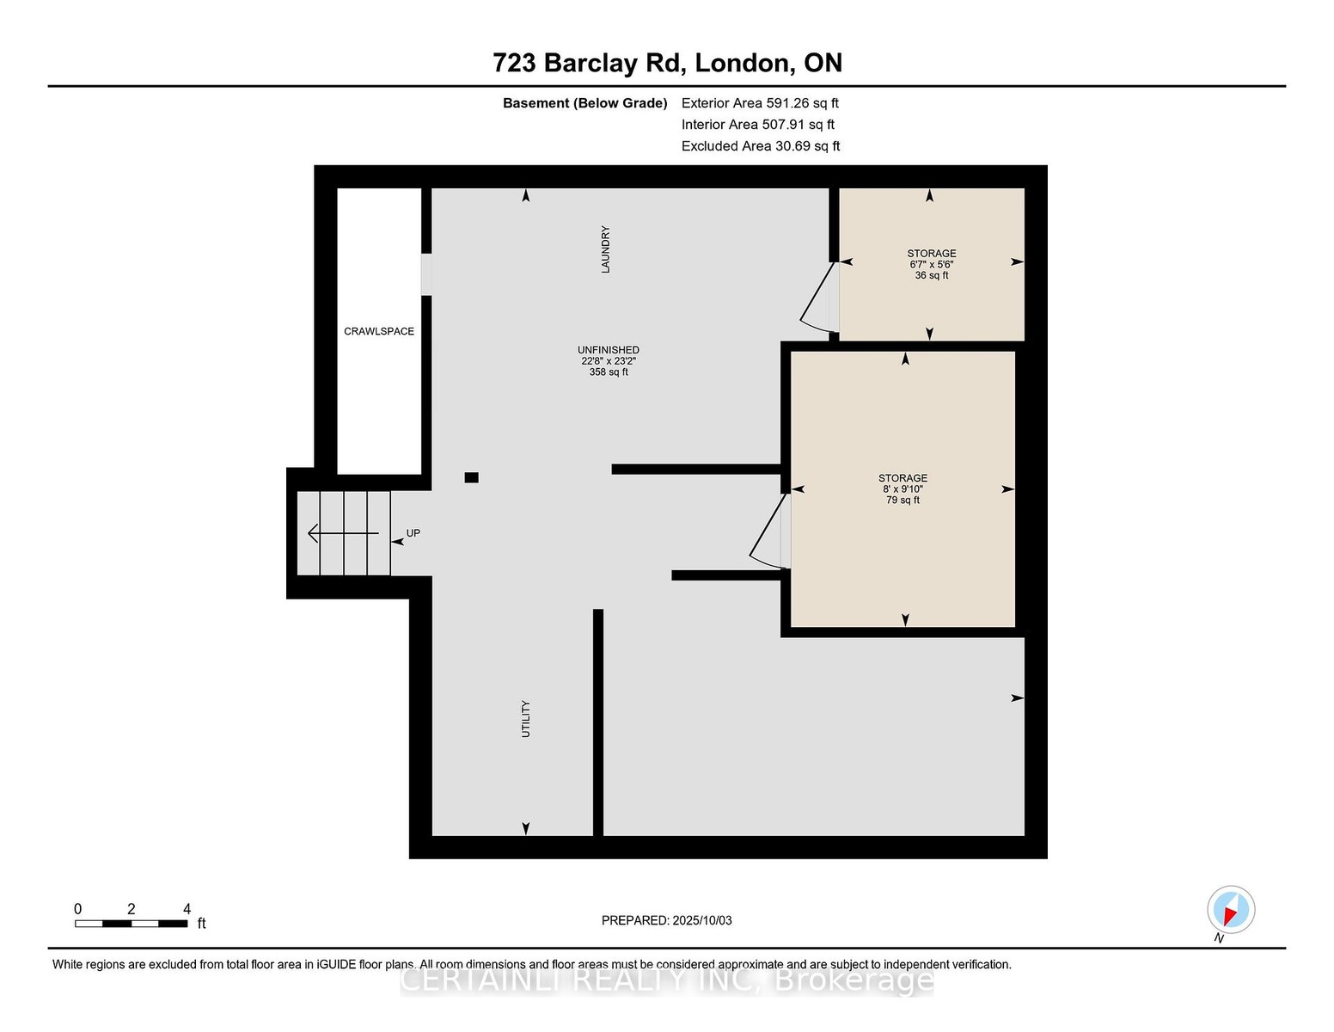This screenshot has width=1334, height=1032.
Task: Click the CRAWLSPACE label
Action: tap(379, 331)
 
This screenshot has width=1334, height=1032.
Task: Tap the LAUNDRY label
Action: tap(605, 249)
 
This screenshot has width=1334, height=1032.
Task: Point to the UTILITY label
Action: tap(525, 718)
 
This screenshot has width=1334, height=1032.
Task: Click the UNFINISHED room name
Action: tap(609, 350)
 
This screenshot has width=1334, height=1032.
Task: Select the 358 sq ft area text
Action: tap(609, 372)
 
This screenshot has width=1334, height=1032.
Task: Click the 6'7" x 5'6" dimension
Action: tap(931, 265)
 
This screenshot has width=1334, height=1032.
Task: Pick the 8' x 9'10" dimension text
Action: tap(903, 489)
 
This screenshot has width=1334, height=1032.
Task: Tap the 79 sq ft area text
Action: tap(903, 501)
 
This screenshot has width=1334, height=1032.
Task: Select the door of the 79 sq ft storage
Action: tap(769, 531)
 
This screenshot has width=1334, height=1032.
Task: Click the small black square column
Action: tap(472, 477)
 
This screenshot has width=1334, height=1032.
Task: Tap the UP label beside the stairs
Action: tap(413, 533)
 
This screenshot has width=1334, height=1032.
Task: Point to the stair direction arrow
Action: tap(343, 533)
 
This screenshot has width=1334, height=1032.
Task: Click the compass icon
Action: tap(1231, 910)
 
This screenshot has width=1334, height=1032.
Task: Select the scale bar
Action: tap(132, 924)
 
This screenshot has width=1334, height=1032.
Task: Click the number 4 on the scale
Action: tap(187, 909)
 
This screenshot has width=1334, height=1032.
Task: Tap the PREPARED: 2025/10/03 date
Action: tap(667, 920)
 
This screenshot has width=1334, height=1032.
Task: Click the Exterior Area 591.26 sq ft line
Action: tap(760, 103)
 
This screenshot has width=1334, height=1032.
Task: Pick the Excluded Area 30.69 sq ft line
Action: tap(761, 146)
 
